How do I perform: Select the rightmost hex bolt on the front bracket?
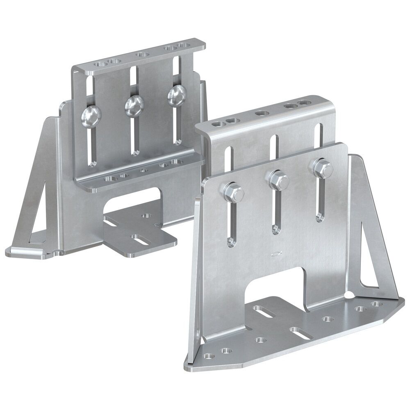tap(322, 168)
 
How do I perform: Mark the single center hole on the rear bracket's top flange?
tap(142, 54)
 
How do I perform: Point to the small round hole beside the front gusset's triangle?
tap(349, 295)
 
